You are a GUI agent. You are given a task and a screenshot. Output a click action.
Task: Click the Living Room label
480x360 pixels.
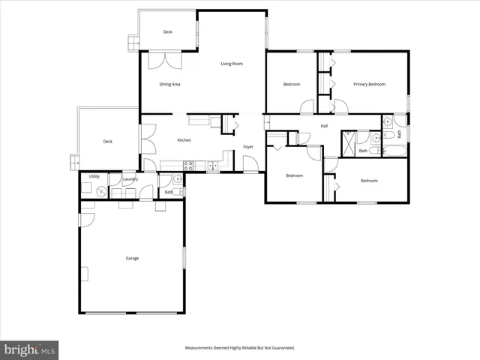(232, 64)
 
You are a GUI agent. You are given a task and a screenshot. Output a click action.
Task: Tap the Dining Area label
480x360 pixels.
(169, 84)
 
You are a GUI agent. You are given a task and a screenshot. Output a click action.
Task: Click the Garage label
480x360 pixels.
(132, 259)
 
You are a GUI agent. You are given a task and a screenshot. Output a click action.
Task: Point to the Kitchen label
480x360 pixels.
(184, 140)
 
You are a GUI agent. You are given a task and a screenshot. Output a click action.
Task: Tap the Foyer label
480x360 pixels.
(248, 146)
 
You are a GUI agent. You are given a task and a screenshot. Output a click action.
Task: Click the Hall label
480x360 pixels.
(324, 126)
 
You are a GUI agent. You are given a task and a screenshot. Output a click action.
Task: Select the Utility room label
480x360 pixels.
(94, 176)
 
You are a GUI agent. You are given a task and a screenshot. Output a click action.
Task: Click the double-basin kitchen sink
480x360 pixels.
(213, 165)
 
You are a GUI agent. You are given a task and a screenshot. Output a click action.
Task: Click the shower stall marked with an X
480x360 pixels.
(349, 142)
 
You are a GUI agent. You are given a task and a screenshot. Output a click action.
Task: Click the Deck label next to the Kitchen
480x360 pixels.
(107, 141)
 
